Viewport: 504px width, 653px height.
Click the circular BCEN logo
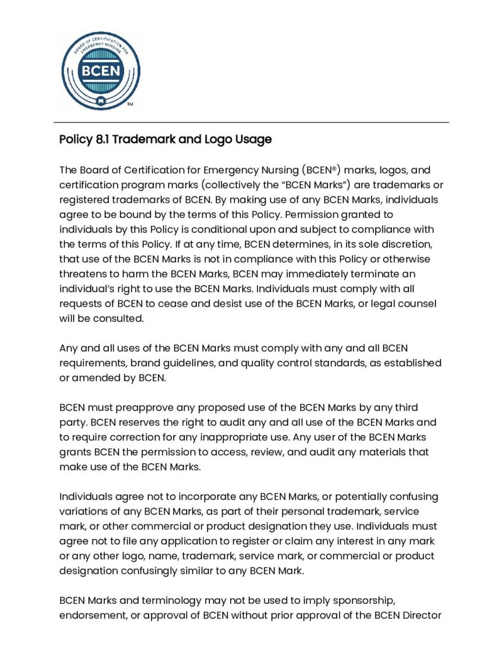point(101,70)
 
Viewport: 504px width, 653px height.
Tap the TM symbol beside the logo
point(130,104)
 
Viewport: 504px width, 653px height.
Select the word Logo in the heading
point(220,139)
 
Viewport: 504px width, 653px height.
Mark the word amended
point(96,378)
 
